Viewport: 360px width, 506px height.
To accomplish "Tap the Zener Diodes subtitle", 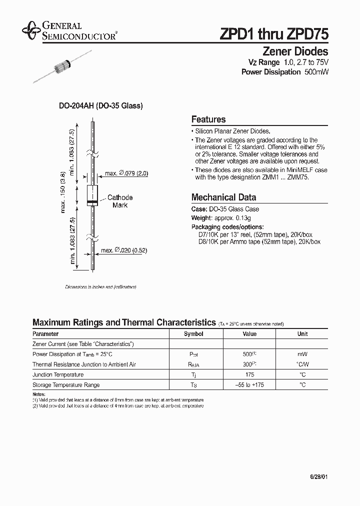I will click(295, 51).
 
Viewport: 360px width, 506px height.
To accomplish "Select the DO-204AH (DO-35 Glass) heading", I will click(101, 106).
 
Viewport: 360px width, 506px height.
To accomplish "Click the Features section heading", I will click(208, 119).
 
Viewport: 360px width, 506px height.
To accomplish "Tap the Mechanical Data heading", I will click(223, 197).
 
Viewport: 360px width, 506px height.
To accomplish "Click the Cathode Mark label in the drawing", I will click(120, 201).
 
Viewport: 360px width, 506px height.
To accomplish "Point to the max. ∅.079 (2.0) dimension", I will click(126, 174).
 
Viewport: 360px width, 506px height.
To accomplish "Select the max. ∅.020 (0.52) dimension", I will click(125, 250).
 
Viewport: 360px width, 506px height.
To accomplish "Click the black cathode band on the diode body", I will click(92, 202).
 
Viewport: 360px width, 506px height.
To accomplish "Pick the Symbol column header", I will click(193, 334).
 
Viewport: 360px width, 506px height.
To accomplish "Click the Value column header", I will click(249, 334).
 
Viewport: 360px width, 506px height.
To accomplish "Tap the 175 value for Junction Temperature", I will click(249, 374).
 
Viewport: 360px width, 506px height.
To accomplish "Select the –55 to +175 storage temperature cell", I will click(249, 385).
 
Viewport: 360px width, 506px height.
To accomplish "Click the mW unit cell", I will click(302, 354).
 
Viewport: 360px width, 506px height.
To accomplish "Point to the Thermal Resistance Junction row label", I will click(84, 364).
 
